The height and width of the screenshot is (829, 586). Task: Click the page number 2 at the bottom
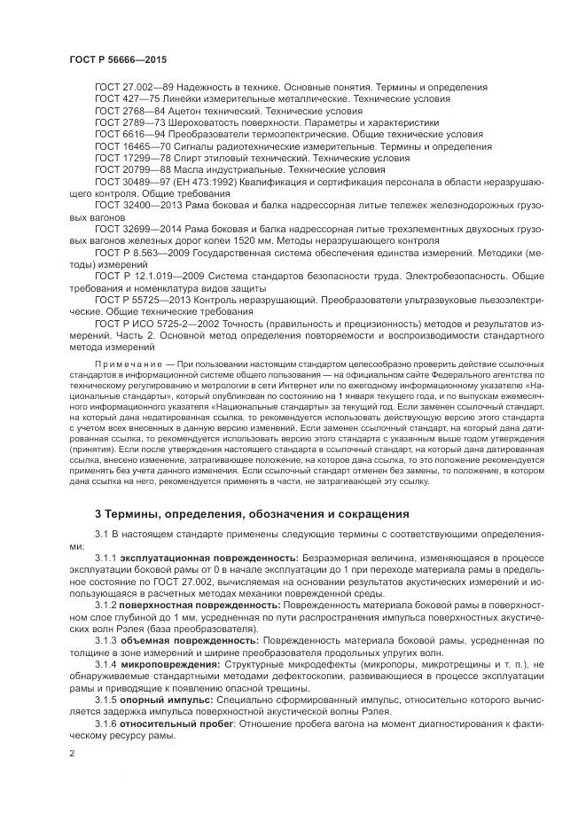click(x=72, y=752)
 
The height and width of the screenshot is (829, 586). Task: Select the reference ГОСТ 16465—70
click(x=132, y=146)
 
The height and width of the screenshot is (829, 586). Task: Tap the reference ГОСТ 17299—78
click(x=132, y=158)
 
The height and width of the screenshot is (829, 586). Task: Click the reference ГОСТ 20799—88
click(x=132, y=169)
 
